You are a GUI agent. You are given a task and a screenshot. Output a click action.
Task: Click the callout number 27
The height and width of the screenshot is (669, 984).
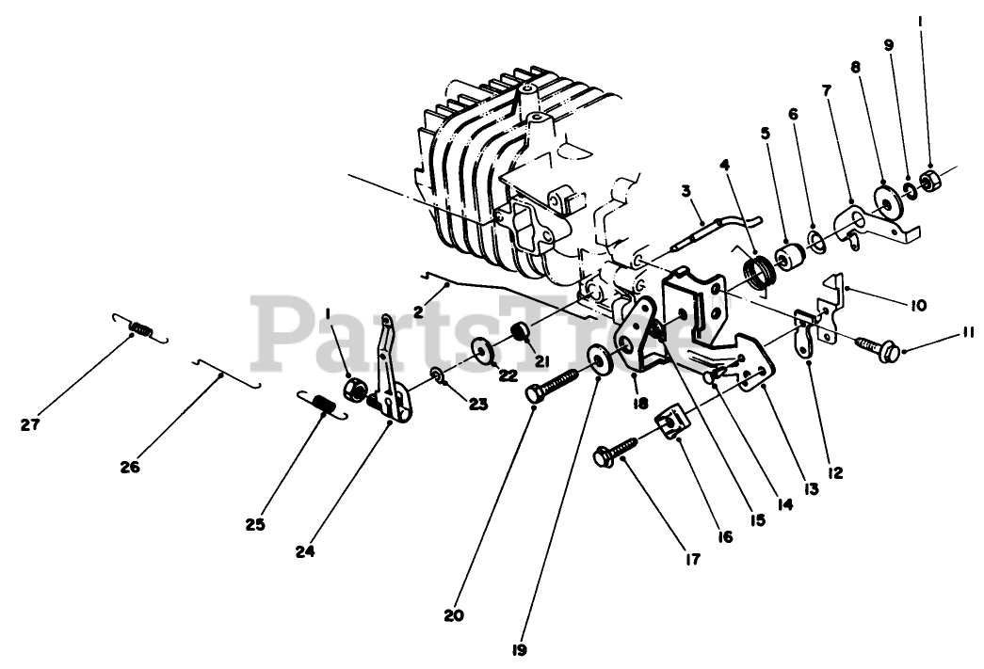[30, 424]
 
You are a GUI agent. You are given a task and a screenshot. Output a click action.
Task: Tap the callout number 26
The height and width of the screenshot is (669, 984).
[130, 466]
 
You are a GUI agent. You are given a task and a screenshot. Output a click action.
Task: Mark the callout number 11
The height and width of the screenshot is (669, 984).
[969, 331]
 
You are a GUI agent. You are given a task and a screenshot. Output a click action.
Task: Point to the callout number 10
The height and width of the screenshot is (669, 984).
[917, 304]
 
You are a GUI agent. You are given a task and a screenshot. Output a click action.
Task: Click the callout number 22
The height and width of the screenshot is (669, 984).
[508, 374]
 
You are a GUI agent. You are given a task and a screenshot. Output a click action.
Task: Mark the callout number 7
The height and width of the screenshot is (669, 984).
[825, 90]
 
